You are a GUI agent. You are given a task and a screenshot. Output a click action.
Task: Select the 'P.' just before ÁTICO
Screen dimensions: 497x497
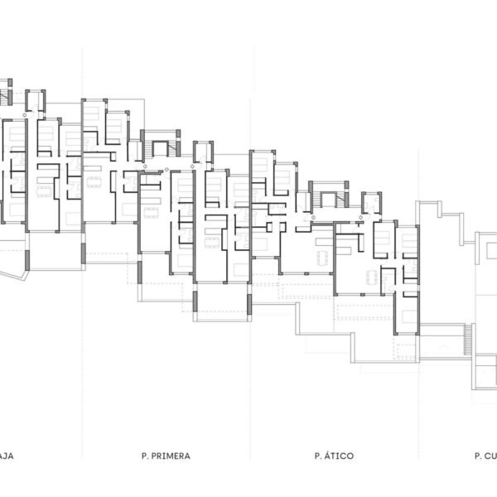point(318,456)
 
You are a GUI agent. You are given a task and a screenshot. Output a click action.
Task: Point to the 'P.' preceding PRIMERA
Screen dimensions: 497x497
point(145,456)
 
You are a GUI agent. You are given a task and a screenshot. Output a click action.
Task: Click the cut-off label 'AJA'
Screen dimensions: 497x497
point(7,456)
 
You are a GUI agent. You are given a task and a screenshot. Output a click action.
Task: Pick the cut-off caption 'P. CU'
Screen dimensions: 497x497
point(485,456)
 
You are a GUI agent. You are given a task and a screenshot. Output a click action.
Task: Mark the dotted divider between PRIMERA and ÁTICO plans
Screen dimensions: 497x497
point(251,248)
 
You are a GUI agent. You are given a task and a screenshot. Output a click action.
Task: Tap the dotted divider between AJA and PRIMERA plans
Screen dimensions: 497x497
point(83,248)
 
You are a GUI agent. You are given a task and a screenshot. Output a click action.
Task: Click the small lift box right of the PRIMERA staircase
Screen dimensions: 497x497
point(203,152)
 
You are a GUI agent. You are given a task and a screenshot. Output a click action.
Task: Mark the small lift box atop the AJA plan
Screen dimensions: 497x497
point(35,101)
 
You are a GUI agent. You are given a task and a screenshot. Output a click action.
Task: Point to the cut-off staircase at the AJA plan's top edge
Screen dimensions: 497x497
point(7,91)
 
